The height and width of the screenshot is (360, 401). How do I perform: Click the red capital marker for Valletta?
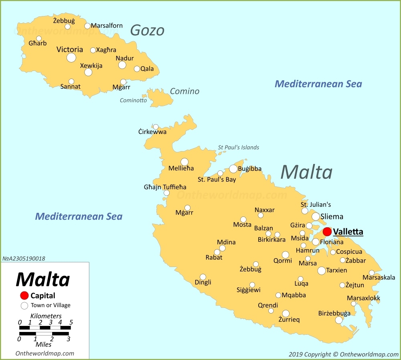(x=327, y=232)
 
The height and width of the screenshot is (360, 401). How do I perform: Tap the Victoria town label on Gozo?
(x=70, y=50)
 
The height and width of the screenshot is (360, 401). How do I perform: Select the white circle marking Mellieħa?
(x=184, y=162)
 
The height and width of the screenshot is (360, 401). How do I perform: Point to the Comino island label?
(x=184, y=91)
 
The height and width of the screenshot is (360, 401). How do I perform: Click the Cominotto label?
(x=133, y=100)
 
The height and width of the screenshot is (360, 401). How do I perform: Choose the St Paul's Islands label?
(x=239, y=147)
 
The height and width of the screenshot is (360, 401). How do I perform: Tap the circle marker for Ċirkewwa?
(x=156, y=127)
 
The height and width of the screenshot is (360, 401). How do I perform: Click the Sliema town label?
(x=332, y=216)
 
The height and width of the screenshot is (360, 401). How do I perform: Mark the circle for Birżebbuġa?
(x=339, y=320)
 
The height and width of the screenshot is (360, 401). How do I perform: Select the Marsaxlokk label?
(x=363, y=298)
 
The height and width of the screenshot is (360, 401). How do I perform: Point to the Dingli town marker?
(x=203, y=277)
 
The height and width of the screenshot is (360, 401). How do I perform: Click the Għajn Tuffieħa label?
(x=165, y=187)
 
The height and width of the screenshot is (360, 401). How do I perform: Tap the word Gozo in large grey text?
(x=147, y=30)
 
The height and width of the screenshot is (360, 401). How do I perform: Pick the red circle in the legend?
(x=24, y=296)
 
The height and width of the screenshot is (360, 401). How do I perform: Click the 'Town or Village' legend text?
(x=51, y=305)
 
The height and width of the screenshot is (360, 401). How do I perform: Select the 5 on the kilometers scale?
(x=71, y=322)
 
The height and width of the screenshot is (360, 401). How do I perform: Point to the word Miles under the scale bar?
(x=43, y=344)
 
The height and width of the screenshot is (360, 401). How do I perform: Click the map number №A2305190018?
(x=24, y=259)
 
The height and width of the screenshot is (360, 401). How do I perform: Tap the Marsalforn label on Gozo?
(x=107, y=26)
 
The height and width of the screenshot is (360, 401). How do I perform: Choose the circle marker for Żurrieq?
(x=286, y=313)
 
